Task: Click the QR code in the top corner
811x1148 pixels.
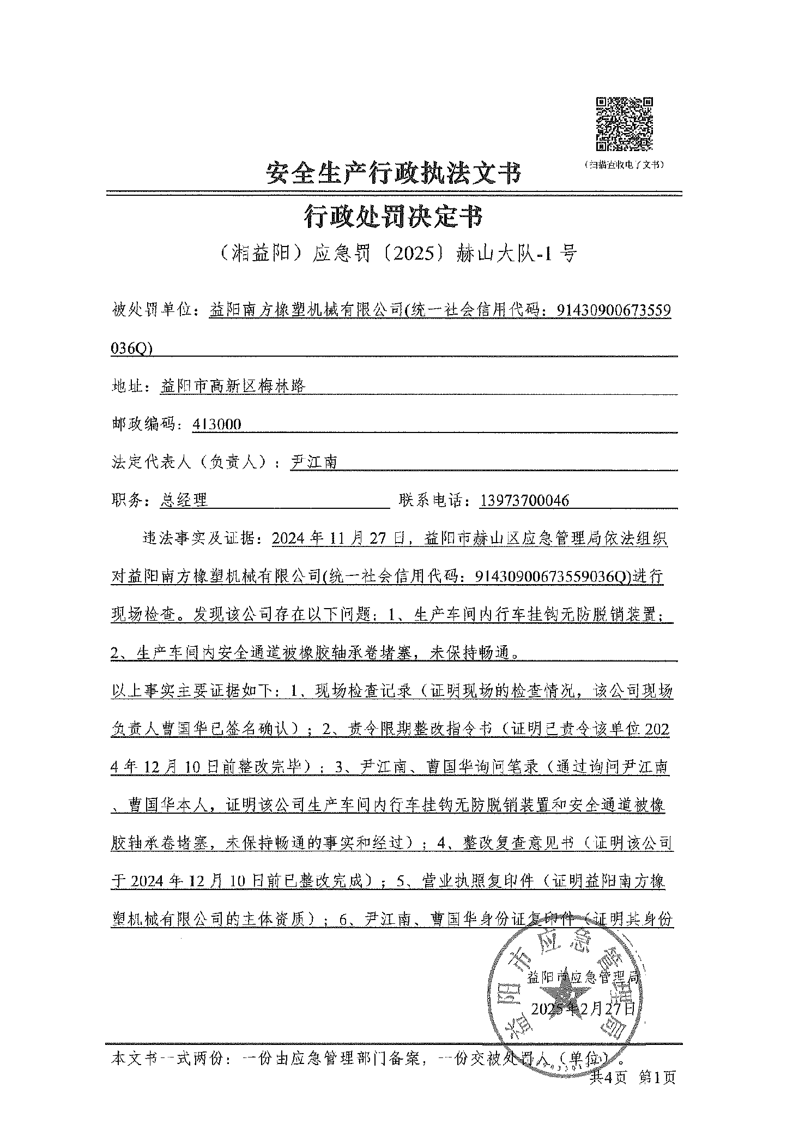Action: click(x=624, y=124)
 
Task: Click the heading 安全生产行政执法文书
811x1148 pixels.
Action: click(x=393, y=173)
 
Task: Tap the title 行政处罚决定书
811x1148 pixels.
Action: click(x=393, y=217)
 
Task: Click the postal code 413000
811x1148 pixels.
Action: click(x=217, y=424)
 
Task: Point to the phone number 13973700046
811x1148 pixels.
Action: click(x=525, y=500)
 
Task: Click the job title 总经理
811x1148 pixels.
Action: click(x=184, y=500)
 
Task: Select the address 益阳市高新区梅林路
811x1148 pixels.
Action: click(x=233, y=386)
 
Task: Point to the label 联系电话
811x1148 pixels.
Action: click(x=434, y=500)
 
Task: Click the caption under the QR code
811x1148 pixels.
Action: click(x=624, y=164)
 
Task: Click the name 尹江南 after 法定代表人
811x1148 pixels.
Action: click(x=314, y=462)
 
